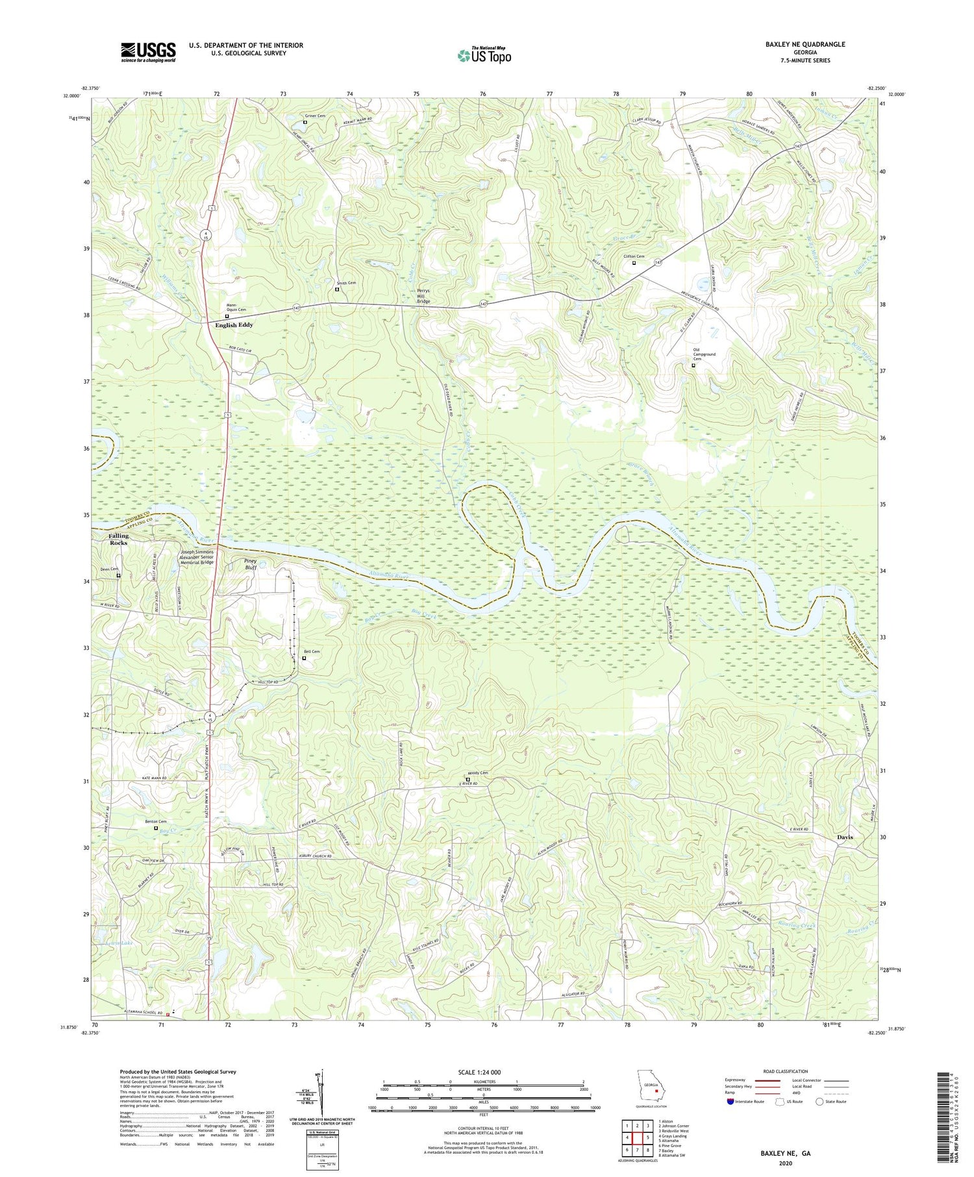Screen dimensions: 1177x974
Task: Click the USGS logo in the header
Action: pos(148,52)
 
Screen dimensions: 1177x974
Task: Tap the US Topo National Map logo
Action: pos(484,55)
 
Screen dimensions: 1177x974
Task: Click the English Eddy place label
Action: pos(234,325)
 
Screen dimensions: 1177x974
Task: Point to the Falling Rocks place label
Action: pos(119,539)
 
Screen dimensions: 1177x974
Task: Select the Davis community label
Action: pos(845,837)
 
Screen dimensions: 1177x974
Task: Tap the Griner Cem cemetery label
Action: pos(315,116)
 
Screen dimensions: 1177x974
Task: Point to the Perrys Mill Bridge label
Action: pos(423,297)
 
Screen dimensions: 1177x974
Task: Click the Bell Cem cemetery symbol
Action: pos(304,658)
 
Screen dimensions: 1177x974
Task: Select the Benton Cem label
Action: pos(155,822)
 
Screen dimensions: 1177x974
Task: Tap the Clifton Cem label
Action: pos(634,256)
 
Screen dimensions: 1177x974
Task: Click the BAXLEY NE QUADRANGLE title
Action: pos(805,44)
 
